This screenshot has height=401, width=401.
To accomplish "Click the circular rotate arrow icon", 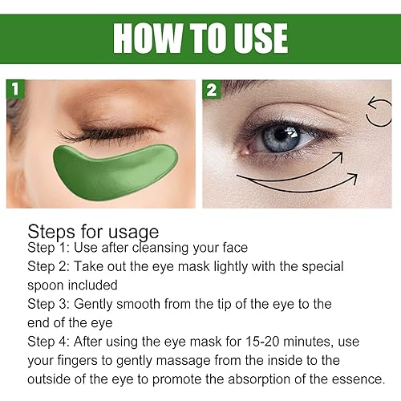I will [379, 112].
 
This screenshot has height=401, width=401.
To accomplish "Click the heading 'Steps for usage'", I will [93, 232].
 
